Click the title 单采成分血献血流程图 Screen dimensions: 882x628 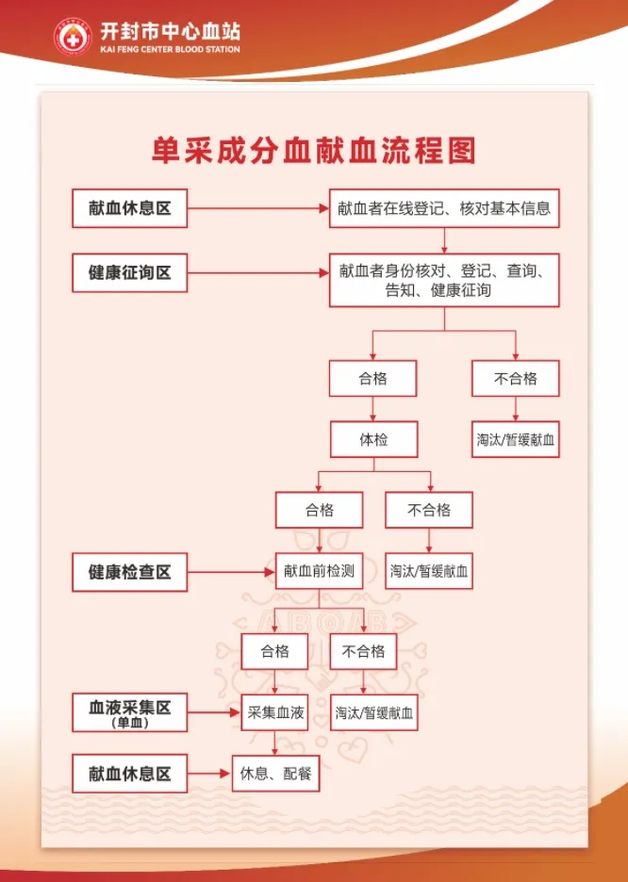pyautogui.click(x=314, y=151)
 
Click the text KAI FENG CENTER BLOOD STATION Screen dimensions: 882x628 pyautogui.click(x=170, y=49)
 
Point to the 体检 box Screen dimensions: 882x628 pyautogui.click(x=372, y=439)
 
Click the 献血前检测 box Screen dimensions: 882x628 pyautogui.click(x=320, y=571)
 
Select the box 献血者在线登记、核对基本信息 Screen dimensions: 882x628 pyautogui.click(x=444, y=208)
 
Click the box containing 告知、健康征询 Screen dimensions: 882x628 pyautogui.click(x=444, y=280)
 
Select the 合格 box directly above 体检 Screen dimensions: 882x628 pyautogui.click(x=372, y=379)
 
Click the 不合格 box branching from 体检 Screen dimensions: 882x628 pyautogui.click(x=429, y=510)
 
